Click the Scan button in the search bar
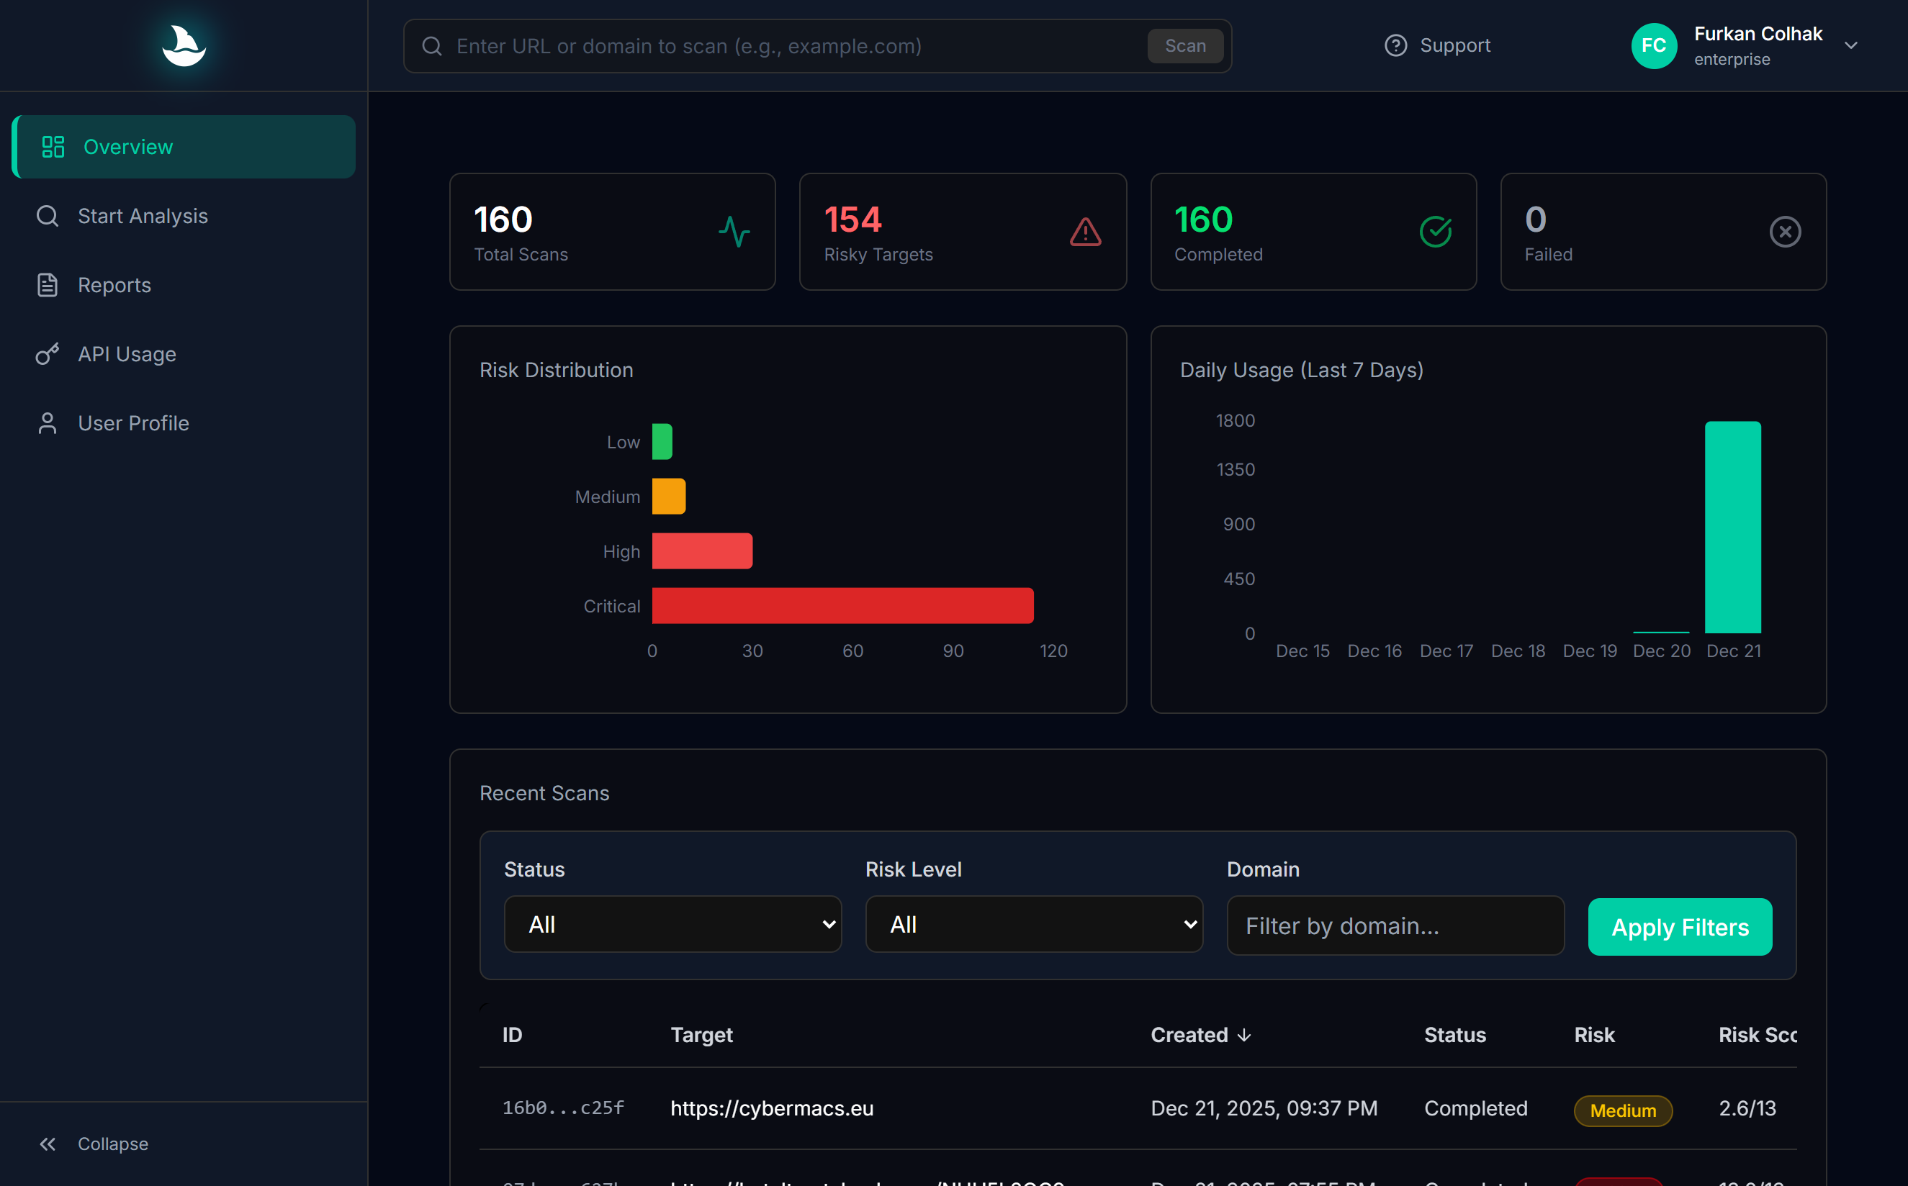1184,46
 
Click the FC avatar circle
1653,46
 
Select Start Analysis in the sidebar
142,216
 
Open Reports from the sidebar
114,285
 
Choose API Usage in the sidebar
126,354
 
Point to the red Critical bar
842,605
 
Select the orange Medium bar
668,497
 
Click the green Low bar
662,442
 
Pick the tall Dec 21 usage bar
1732,527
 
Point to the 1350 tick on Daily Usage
1235,469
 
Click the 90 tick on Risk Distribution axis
953,651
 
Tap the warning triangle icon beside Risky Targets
1085,232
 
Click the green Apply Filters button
1680,927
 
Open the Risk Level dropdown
1033,925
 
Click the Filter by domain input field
1394,926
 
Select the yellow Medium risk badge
1622,1110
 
